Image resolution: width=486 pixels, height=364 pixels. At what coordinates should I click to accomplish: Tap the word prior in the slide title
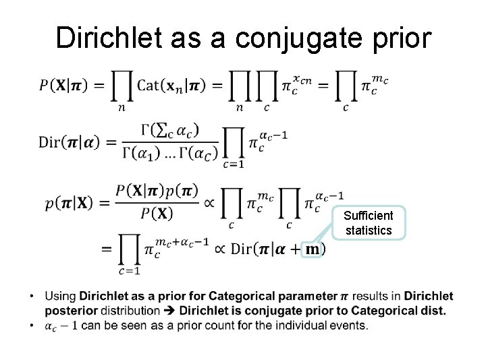tap(399, 38)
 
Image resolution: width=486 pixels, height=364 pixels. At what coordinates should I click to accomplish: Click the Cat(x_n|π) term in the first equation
tap(179, 86)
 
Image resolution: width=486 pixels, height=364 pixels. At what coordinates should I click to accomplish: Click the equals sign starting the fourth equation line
tap(107, 249)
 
